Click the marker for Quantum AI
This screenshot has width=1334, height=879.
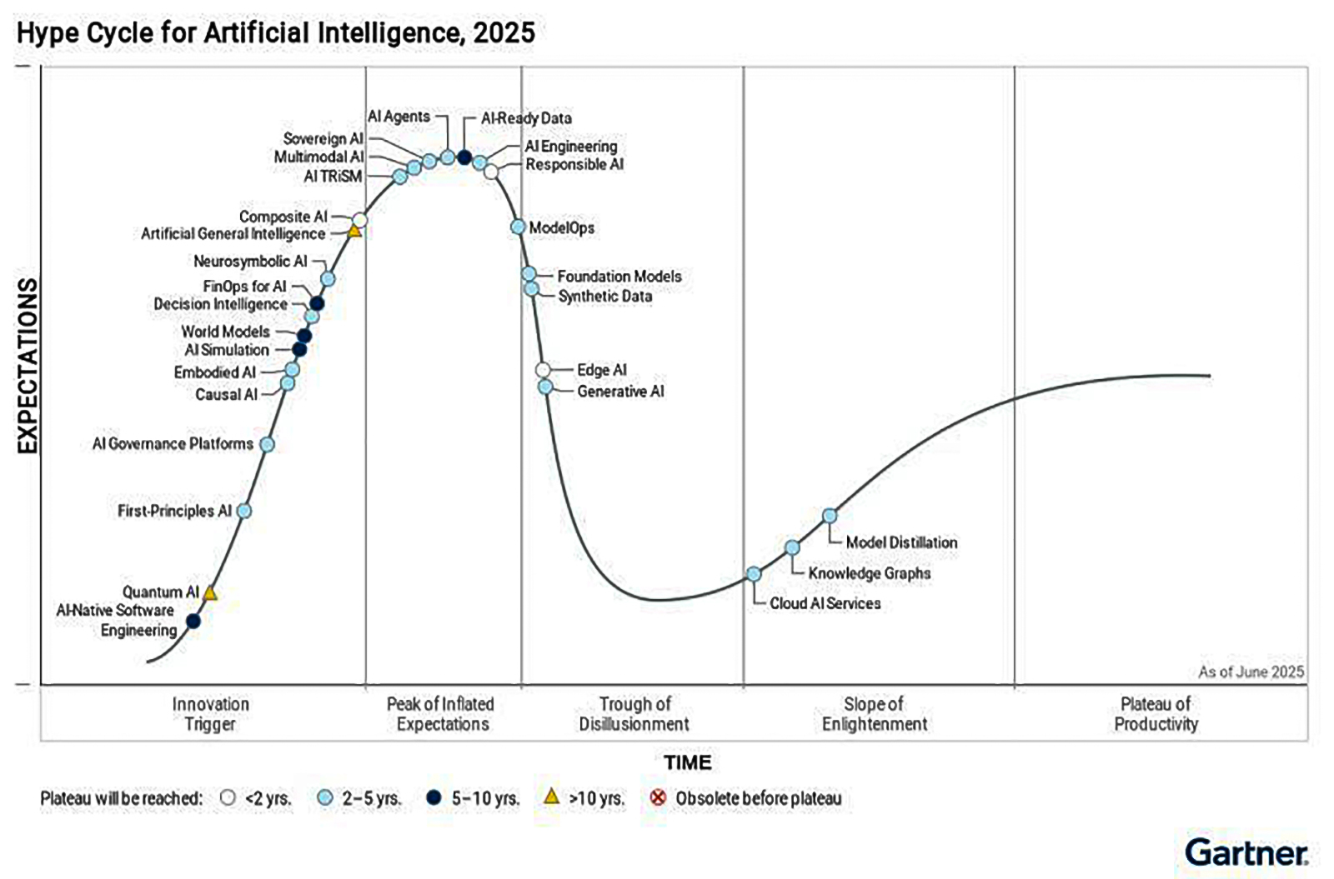(x=210, y=593)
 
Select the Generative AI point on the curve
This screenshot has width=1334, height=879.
(x=545, y=387)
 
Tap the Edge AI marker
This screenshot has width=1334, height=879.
(x=543, y=369)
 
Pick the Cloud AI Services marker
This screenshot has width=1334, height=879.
(x=754, y=574)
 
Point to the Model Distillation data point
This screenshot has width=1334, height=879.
(x=830, y=516)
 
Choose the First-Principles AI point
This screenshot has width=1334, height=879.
(x=244, y=511)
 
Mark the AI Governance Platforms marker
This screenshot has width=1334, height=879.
(x=267, y=444)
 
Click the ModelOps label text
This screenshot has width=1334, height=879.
(x=561, y=227)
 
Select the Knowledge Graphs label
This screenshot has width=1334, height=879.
(x=869, y=573)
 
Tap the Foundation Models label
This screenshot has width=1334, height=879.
(x=619, y=276)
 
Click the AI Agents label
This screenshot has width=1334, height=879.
(x=399, y=117)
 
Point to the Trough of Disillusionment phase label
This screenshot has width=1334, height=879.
(x=634, y=714)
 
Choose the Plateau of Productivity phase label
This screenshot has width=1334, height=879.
(x=1156, y=714)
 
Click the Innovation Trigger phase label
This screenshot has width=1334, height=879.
(x=210, y=714)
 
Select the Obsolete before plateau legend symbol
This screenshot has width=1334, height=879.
(x=658, y=797)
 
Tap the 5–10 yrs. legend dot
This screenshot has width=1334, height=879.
(x=433, y=797)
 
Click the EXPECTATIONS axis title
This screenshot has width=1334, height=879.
(x=28, y=366)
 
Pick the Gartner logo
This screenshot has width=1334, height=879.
(x=1246, y=852)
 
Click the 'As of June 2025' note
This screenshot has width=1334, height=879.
(x=1251, y=672)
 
